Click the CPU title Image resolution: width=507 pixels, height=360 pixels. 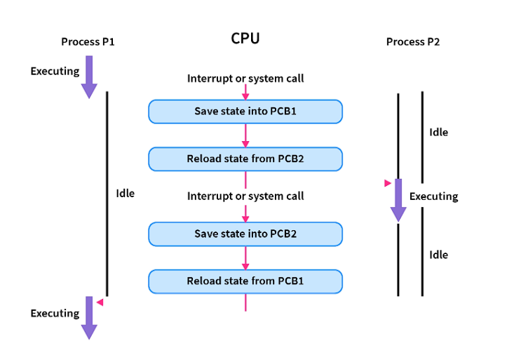(245, 39)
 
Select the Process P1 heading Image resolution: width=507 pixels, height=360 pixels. (88, 42)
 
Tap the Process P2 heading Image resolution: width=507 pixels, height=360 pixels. (413, 42)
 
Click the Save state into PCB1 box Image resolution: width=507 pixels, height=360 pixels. (245, 112)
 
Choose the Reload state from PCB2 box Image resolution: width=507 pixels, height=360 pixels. (245, 159)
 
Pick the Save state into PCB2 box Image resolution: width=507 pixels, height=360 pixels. (245, 234)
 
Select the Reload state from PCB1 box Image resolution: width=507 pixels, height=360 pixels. (245, 281)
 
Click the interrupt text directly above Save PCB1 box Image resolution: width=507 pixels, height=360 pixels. (245, 79)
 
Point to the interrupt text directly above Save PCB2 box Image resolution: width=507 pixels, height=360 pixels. (245, 196)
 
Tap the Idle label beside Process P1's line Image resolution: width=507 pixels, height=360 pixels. (125, 193)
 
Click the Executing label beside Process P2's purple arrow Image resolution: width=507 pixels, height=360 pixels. (433, 196)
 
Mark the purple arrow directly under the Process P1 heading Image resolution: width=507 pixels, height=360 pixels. (89, 76)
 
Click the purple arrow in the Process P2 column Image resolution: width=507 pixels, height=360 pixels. (398, 200)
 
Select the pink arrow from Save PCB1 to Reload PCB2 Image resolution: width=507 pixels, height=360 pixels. (245, 135)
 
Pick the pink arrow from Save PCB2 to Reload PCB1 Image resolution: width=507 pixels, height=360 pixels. (245, 258)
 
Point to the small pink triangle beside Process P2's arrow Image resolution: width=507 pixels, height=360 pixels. (388, 183)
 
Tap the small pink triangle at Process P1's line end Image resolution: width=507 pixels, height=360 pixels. (100, 302)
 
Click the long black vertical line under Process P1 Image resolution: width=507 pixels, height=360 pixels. (107, 193)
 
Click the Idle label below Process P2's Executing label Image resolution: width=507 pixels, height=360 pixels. (438, 255)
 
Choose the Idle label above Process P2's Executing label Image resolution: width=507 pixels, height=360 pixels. (438, 132)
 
